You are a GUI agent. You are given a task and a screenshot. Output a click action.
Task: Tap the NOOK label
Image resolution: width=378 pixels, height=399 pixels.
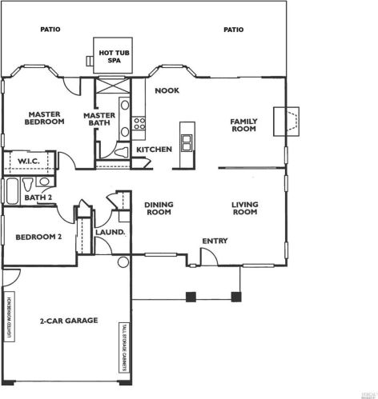point(167,90)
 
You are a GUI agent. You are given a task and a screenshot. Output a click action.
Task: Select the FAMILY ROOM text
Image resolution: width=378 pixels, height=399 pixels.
point(243,125)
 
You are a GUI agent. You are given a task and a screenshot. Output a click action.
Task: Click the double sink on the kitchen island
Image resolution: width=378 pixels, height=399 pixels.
point(187,142)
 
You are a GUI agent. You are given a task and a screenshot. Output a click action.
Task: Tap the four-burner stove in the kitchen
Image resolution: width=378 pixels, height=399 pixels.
point(139,123)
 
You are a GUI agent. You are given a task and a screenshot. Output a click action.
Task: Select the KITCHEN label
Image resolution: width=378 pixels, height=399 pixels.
point(155,150)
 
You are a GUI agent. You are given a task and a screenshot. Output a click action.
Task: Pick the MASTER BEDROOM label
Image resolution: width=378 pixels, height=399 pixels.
point(42,118)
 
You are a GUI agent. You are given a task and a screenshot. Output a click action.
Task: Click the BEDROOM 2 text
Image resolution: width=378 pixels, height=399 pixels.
point(39,237)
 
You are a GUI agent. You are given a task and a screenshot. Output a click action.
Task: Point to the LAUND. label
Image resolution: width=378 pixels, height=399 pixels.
point(110,233)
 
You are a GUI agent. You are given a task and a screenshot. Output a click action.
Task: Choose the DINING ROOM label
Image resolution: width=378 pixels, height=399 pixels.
point(159,209)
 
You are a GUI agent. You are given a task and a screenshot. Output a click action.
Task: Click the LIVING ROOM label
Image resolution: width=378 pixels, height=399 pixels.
point(244,209)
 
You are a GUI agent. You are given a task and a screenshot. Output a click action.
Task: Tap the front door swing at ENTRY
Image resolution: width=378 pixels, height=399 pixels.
point(207,256)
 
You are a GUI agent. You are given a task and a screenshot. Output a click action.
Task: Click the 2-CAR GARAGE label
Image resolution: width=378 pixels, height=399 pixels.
point(68,321)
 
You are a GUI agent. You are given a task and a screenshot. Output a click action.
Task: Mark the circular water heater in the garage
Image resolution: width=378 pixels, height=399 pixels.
point(123,262)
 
